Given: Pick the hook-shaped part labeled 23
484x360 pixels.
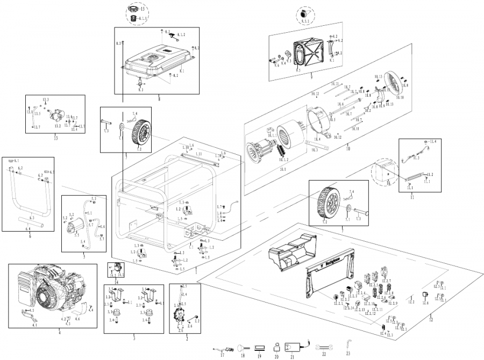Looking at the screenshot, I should (x=348, y=343).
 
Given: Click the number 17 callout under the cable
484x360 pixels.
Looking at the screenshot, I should (x=222, y=355).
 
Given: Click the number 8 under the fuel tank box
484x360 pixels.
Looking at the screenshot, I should (x=159, y=98).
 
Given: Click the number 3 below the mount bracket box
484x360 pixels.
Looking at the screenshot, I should (x=134, y=338).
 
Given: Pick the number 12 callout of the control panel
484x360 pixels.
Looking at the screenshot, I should (x=430, y=320).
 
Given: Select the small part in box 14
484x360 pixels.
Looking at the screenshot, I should (x=116, y=268).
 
